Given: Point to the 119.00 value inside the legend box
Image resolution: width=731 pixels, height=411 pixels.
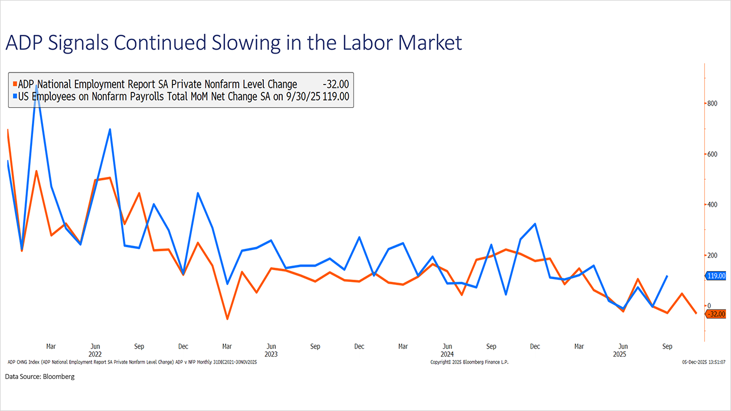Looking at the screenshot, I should point(336,97).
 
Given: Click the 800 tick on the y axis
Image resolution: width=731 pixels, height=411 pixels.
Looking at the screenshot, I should point(712,103).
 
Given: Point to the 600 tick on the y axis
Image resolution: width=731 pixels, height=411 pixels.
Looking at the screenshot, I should point(712,154).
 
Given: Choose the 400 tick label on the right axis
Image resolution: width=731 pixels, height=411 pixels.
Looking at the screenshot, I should point(712,204).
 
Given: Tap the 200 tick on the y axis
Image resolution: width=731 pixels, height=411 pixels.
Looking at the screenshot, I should point(712,255).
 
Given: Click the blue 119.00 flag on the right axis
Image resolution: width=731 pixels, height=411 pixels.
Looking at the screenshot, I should point(716,276).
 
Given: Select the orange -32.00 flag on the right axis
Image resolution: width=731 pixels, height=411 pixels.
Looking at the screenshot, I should point(716,314).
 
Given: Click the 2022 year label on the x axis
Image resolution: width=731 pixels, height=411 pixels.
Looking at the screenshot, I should point(95,354).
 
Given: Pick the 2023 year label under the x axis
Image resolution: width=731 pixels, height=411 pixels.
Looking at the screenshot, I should point(271,354).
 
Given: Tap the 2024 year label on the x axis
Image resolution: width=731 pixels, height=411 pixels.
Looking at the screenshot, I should point(447,354).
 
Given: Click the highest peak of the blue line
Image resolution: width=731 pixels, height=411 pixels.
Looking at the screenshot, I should point(37,86).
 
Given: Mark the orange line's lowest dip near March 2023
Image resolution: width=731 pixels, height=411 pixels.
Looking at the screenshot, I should point(227,319).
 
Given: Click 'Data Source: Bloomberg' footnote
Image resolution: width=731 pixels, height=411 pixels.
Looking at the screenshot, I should point(40,377).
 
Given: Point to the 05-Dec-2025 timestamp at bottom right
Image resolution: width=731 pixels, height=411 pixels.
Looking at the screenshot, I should point(704,362).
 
